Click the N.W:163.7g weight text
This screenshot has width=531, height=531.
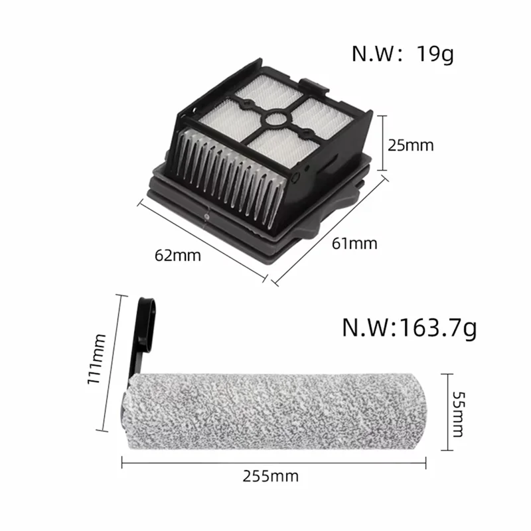point(409,327)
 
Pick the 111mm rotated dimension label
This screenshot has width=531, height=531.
point(100,364)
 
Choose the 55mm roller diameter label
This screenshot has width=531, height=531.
point(458,412)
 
